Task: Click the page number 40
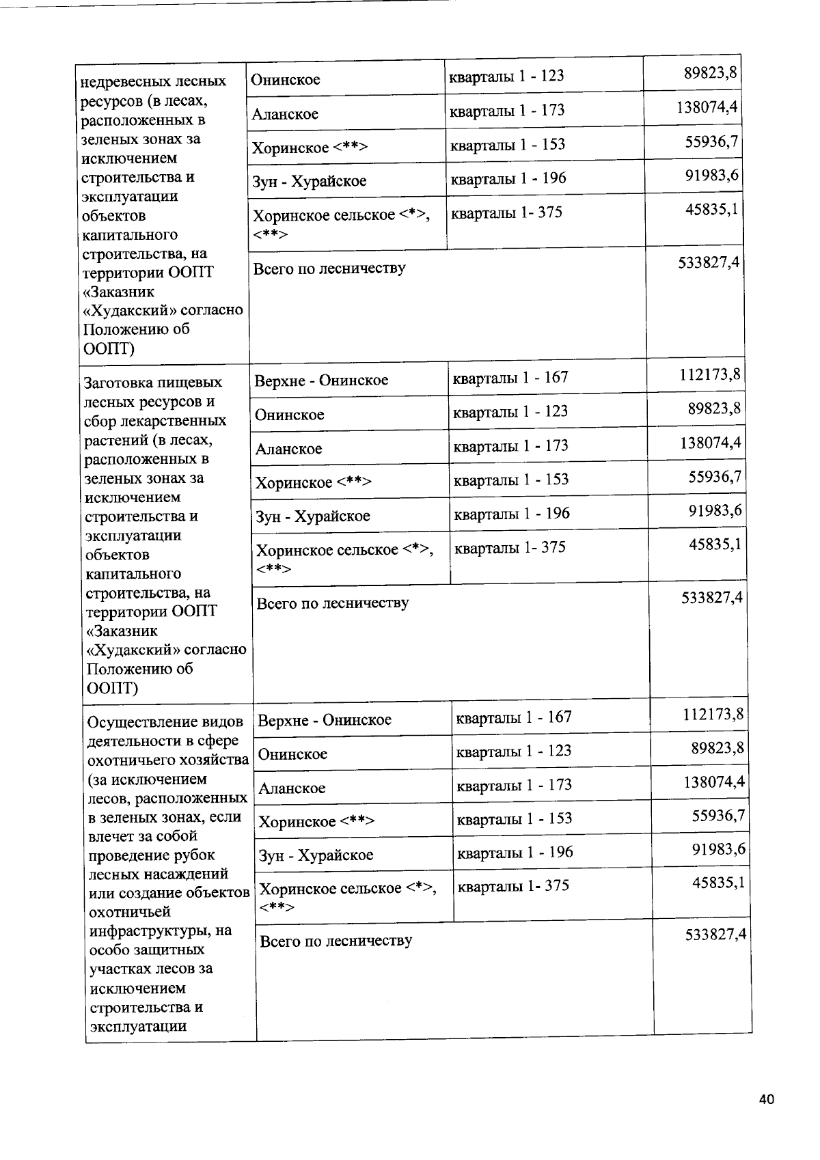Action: tap(766, 1099)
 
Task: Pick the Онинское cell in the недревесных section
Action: tap(286, 80)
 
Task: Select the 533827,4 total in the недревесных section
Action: tap(709, 263)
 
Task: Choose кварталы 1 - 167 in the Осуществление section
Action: tap(513, 717)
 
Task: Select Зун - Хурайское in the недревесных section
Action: tap(310, 182)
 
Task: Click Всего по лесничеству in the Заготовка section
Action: tap(332, 603)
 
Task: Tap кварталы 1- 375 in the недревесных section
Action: tap(506, 212)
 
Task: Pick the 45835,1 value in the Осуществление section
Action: tap(718, 883)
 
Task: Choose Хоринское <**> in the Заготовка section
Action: tap(314, 483)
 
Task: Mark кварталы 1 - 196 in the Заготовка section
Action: tap(511, 513)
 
